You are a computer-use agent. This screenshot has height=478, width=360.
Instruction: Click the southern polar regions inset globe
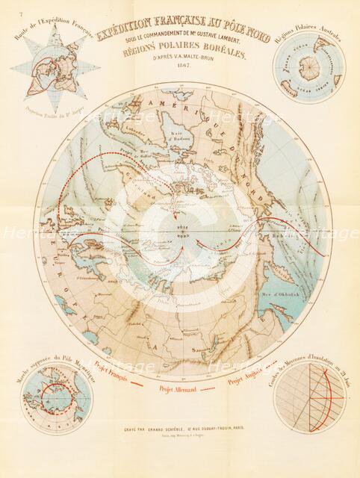tap(308, 68)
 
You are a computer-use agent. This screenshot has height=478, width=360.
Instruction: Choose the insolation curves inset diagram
tap(309, 397)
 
